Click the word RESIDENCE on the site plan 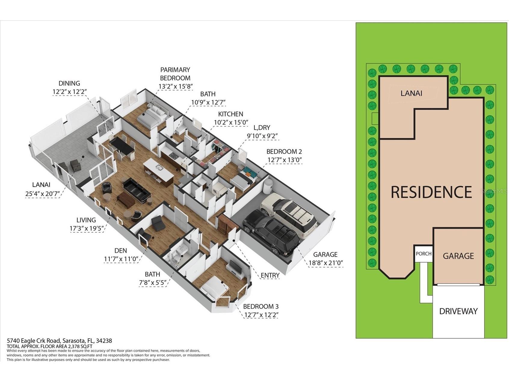431,192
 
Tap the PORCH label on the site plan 424,254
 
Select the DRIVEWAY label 458,311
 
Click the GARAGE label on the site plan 458,256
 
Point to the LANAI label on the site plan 411,93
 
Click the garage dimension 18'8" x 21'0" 325,263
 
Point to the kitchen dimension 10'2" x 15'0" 231,122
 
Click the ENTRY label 270,275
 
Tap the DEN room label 121,250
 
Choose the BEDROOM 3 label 261,306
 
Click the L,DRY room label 262,128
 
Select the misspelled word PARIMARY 175,70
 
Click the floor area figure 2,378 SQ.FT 81,346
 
